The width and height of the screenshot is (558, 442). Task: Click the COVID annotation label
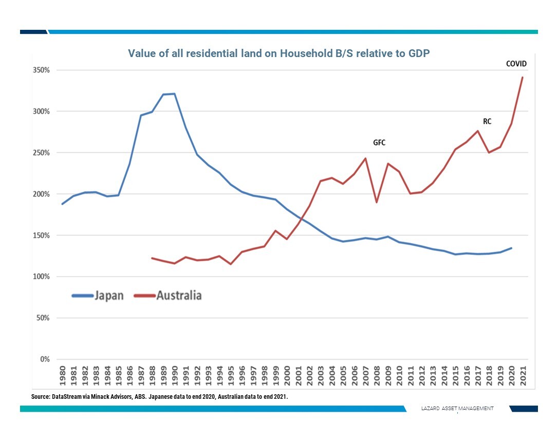pos(516,64)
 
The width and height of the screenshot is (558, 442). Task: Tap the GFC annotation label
pos(379,142)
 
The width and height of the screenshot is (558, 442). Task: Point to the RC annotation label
pos(487,121)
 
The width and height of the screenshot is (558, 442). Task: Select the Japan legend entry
pos(109,296)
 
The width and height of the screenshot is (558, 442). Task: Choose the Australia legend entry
pos(179,296)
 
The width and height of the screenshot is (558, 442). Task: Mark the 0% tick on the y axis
pos(44,359)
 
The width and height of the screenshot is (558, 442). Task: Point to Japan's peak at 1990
pos(175,94)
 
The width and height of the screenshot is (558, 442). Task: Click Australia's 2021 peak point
pos(523,78)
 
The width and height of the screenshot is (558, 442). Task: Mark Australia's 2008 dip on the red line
pos(377,202)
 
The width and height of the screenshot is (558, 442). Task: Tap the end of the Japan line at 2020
pos(511,248)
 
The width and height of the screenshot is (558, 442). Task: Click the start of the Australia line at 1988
pos(152,258)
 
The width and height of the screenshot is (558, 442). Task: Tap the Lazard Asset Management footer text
pos(457,408)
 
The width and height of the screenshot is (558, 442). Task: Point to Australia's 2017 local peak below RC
pos(478,131)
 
